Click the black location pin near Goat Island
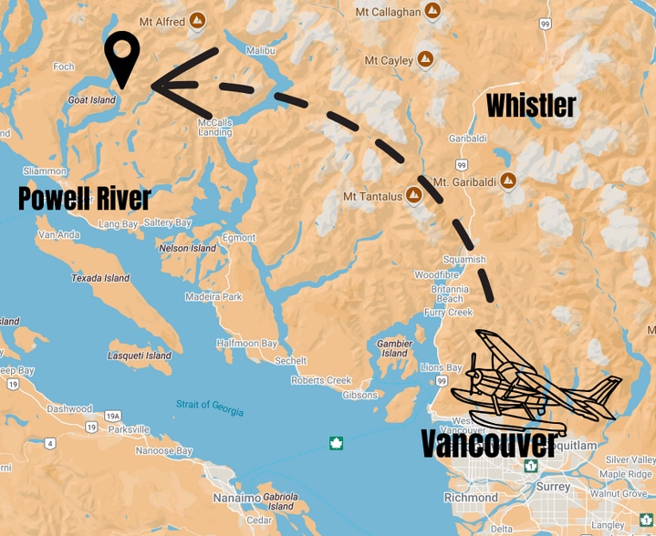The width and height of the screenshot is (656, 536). click(121, 57)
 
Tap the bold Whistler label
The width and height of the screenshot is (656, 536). click(531, 106)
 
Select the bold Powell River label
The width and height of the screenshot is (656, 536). click(84, 198)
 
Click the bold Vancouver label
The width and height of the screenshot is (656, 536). click(489, 444)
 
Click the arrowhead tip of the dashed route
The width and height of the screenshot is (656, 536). click(155, 86)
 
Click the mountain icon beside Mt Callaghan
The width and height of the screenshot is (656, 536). click(433, 12)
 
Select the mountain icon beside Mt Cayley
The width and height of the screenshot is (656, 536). click(425, 60)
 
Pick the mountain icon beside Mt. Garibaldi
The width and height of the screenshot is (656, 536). click(508, 181)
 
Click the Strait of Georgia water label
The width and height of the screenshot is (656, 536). click(210, 407)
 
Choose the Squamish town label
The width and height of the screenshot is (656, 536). click(463, 259)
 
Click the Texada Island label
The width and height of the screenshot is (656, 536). click(100, 278)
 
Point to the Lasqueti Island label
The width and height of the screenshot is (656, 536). click(140, 356)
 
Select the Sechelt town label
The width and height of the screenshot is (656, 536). click(291, 361)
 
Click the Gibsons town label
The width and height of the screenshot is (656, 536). click(359, 395)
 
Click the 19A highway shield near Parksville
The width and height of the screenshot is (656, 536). click(113, 416)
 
